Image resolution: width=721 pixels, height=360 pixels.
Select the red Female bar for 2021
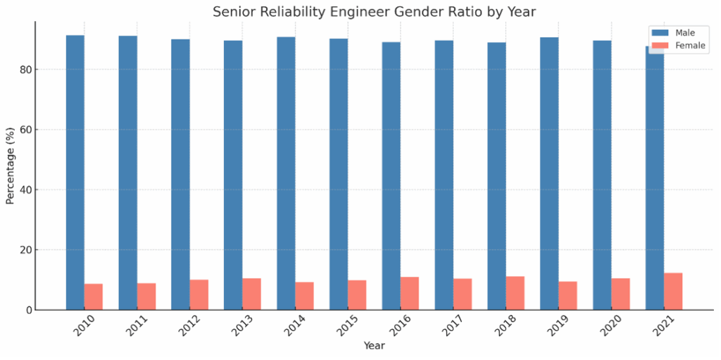coord(673,291)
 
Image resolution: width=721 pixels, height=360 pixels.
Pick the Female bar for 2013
coord(251,294)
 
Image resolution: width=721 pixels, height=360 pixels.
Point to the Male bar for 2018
coord(496,176)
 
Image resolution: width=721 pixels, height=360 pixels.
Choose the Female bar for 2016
coord(410,293)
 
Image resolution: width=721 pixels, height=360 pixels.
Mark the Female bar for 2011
coord(146,297)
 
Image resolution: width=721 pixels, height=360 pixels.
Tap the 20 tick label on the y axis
coord(25,250)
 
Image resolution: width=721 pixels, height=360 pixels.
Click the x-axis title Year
coord(374,346)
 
